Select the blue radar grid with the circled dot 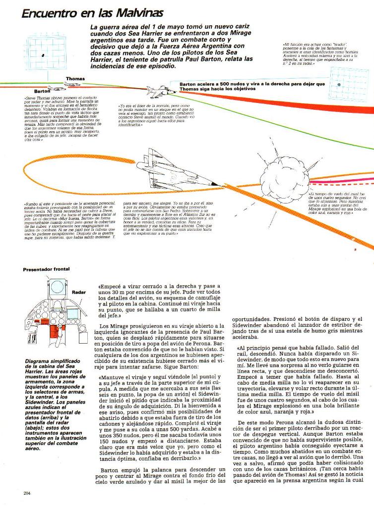click(349, 84)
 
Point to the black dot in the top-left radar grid click(43, 55)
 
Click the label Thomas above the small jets click(75, 79)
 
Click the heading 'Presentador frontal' click(46, 269)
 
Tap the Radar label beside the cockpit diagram click(78, 292)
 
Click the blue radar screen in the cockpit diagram click(72, 313)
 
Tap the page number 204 click(27, 493)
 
